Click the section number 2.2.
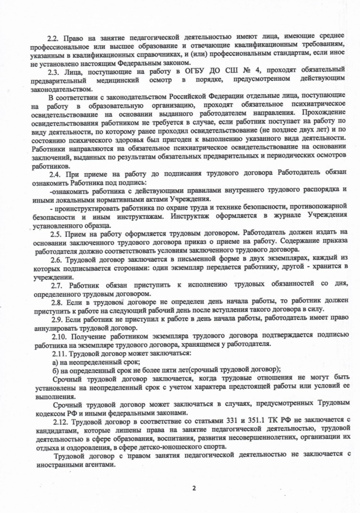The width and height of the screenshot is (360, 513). pyautogui.click(x=54, y=37)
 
